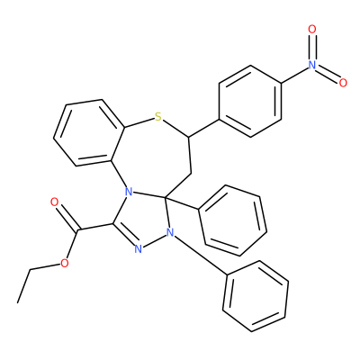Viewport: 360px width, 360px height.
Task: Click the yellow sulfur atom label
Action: pos(158,117)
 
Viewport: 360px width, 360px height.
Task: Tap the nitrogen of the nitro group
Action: pos(312,65)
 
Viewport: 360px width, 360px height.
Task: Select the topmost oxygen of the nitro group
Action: pos(312,29)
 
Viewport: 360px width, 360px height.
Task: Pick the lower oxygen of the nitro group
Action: pos(343,83)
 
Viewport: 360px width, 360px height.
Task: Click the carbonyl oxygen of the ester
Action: pos(54,202)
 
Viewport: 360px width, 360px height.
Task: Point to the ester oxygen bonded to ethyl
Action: pos(64,264)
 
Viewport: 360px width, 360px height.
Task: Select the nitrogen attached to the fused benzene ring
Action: pos(129,191)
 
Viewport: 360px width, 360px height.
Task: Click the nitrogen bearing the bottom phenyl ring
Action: pos(170,232)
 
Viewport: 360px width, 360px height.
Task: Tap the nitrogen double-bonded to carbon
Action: pos(138,248)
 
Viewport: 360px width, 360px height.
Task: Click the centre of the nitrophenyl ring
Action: pos(250,102)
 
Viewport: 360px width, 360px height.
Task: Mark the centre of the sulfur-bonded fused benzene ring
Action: pos(89,132)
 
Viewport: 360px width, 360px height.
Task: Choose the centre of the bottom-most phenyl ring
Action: pos(256,296)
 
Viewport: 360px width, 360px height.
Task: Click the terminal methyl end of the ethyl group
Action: pos(18,302)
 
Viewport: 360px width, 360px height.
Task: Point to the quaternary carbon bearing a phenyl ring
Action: pos(166,197)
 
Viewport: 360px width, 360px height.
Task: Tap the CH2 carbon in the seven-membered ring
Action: pos(191,174)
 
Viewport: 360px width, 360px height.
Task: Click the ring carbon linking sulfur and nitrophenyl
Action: pos(188,138)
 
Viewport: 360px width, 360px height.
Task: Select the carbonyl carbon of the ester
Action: pos(77,230)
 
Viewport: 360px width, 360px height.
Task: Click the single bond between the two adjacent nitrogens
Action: pos(154,240)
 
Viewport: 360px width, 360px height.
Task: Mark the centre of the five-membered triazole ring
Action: pos(143,219)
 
